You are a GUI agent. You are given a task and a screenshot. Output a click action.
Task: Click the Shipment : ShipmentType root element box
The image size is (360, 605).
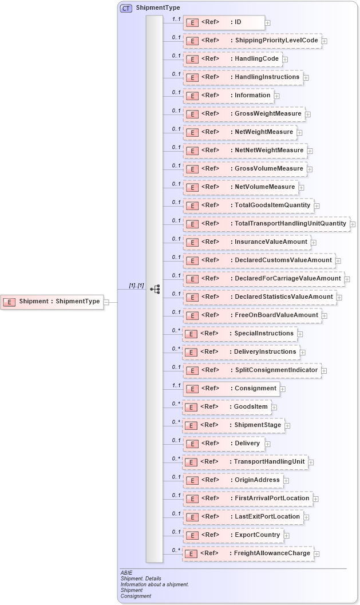[x=53, y=302]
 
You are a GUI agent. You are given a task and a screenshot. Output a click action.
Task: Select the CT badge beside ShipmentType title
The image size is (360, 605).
[x=125, y=8]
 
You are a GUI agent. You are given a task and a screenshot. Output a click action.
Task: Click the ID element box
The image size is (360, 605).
[x=224, y=22]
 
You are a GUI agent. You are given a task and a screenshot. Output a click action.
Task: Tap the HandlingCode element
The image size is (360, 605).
[x=232, y=59]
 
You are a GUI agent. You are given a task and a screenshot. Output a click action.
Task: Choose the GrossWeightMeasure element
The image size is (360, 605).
[x=243, y=114]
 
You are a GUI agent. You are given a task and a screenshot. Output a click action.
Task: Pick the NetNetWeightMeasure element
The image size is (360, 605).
[x=244, y=151]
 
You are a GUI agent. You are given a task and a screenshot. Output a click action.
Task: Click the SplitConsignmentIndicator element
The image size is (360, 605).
[x=251, y=370]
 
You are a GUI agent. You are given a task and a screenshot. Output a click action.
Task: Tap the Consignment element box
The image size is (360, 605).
[x=231, y=389]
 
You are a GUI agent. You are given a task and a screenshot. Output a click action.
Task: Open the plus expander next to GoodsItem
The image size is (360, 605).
[x=275, y=408]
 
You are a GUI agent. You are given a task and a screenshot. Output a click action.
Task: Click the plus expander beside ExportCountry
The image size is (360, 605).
[x=287, y=536]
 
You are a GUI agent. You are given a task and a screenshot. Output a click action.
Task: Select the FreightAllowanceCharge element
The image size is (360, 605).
[x=248, y=553]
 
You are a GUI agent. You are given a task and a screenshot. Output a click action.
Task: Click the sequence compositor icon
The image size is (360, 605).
[x=155, y=290]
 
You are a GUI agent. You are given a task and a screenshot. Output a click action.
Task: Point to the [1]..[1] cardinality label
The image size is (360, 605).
[x=136, y=286]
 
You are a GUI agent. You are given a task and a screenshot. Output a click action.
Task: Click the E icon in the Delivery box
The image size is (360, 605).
[x=193, y=444]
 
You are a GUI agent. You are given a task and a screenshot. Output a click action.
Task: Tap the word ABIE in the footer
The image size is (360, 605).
[x=126, y=572]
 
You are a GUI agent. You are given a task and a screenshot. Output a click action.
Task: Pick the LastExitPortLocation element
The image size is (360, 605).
[x=243, y=517]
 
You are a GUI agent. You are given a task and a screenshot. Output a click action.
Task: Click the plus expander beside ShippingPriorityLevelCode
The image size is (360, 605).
[x=325, y=41]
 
